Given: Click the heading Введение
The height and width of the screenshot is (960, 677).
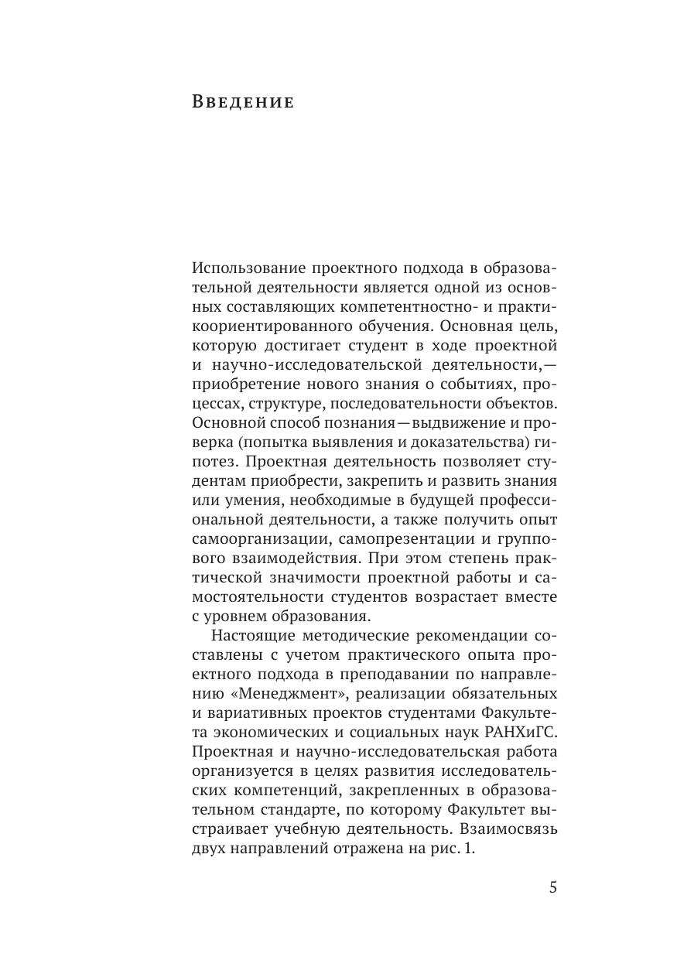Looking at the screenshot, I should [x=242, y=102].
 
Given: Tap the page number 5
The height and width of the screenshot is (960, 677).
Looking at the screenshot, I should [x=553, y=887].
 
